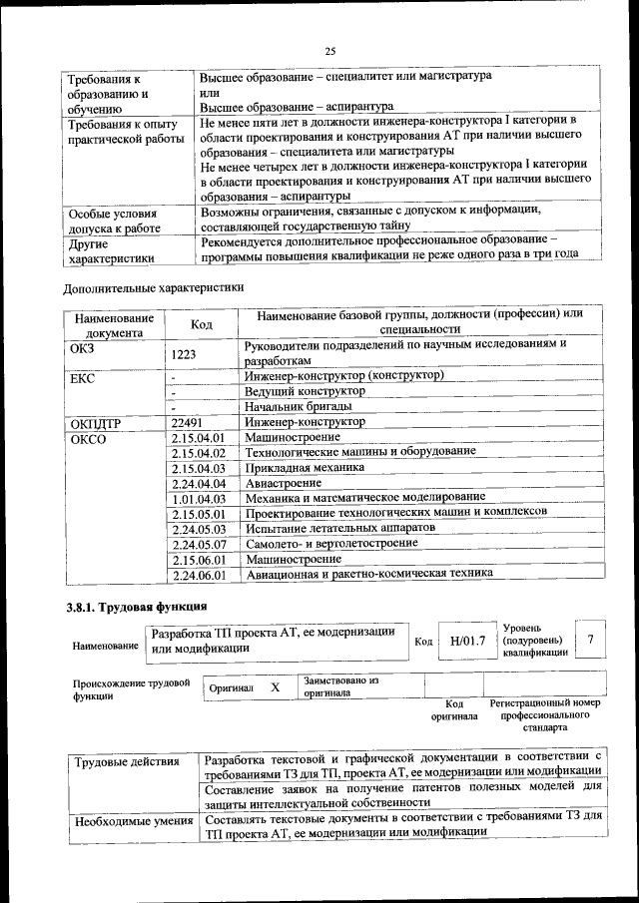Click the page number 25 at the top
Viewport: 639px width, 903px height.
pos(330,51)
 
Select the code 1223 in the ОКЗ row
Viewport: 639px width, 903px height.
pos(186,353)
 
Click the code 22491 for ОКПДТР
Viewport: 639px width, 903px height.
pos(188,423)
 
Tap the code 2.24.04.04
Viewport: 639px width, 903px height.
pos(199,483)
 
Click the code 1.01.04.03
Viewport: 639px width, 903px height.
pos(199,498)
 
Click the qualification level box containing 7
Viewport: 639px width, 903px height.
pos(592,640)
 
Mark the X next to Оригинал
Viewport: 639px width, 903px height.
pos(276,687)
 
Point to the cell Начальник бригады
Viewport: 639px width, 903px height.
pos(298,407)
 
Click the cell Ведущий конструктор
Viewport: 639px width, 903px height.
pos(305,392)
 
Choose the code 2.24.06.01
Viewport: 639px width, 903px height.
pos(199,575)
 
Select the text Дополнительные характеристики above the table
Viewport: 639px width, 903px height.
pos(153,287)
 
